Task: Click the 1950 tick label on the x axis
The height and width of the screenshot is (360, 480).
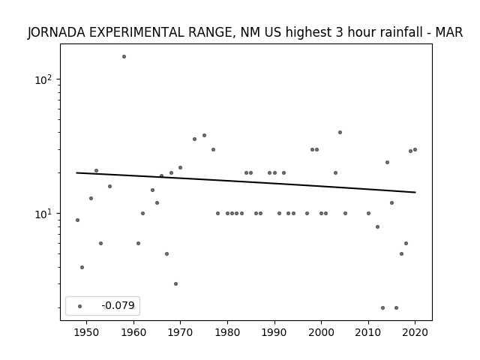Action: [x=87, y=332]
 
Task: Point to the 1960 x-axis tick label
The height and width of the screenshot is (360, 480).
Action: [x=133, y=332]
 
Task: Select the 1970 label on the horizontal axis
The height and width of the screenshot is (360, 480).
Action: [x=180, y=332]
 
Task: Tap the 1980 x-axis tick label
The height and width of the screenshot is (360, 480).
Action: [x=227, y=332]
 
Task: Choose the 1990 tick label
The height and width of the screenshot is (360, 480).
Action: [x=274, y=332]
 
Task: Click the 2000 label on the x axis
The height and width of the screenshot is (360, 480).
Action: [x=321, y=332]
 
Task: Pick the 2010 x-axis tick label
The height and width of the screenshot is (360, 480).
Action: [x=368, y=332]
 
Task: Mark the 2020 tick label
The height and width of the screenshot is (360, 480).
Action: [x=415, y=332]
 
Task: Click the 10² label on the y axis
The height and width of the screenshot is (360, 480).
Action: [x=43, y=79]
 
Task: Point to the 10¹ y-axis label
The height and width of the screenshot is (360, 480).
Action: [x=43, y=214]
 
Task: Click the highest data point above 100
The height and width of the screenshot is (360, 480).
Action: [x=124, y=57]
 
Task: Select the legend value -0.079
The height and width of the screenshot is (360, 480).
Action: [x=118, y=305]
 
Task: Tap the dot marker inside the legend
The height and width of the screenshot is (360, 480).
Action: [x=80, y=306]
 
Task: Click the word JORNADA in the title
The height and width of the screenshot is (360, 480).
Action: [x=56, y=32]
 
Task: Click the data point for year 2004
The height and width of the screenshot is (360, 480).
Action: [x=340, y=132]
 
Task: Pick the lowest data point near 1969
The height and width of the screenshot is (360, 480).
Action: [x=175, y=283]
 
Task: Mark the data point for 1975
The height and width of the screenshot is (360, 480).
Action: [x=204, y=135]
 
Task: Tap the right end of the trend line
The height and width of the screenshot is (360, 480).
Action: [x=415, y=192]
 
